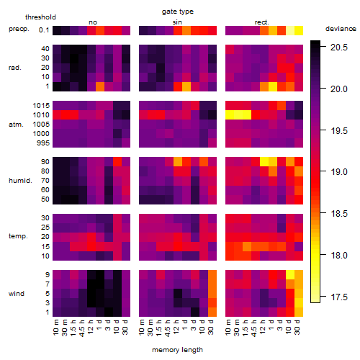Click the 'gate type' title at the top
pyautogui.click(x=178, y=12)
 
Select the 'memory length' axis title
pyautogui.click(x=177, y=350)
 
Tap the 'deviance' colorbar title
pyautogui.click(x=341, y=29)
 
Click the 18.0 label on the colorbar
pyautogui.click(x=339, y=256)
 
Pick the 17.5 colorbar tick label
pyautogui.click(x=339, y=297)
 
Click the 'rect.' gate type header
pyautogui.click(x=261, y=22)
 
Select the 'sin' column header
pyautogui.click(x=177, y=22)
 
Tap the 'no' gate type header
pyautogui.click(x=93, y=22)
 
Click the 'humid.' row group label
pyautogui.click(x=20, y=181)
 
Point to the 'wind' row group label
pyautogui.click(x=17, y=294)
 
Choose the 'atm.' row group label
pyautogui.click(x=16, y=125)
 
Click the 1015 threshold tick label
pyautogui.click(x=41, y=106)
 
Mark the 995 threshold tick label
pyautogui.click(x=43, y=143)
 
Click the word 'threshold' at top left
pyautogui.click(x=40, y=17)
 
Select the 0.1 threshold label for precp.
pyautogui.click(x=44, y=30)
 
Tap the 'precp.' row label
pyautogui.click(x=19, y=29)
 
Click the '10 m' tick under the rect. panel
pyautogui.click(x=229, y=327)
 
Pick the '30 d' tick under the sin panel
pyautogui.click(x=211, y=327)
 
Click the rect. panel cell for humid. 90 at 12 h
pyautogui.click(x=264, y=162)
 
